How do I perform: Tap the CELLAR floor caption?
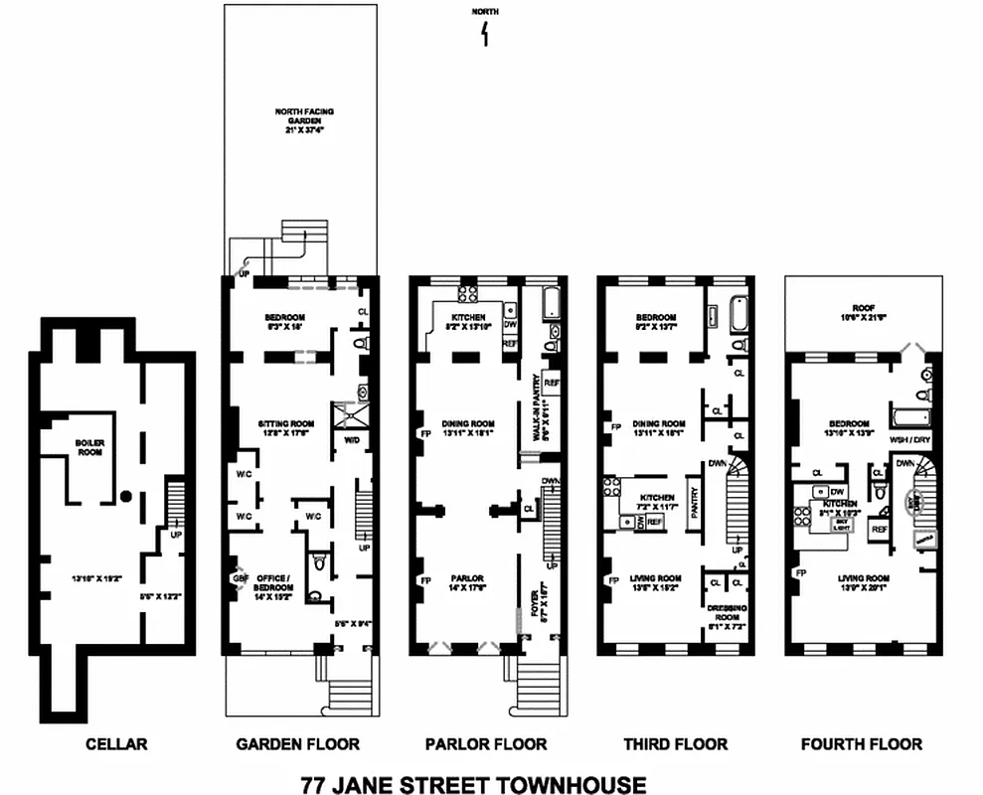[x=116, y=743]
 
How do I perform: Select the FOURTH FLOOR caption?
[x=861, y=743]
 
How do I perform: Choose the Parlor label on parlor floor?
[x=467, y=579]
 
